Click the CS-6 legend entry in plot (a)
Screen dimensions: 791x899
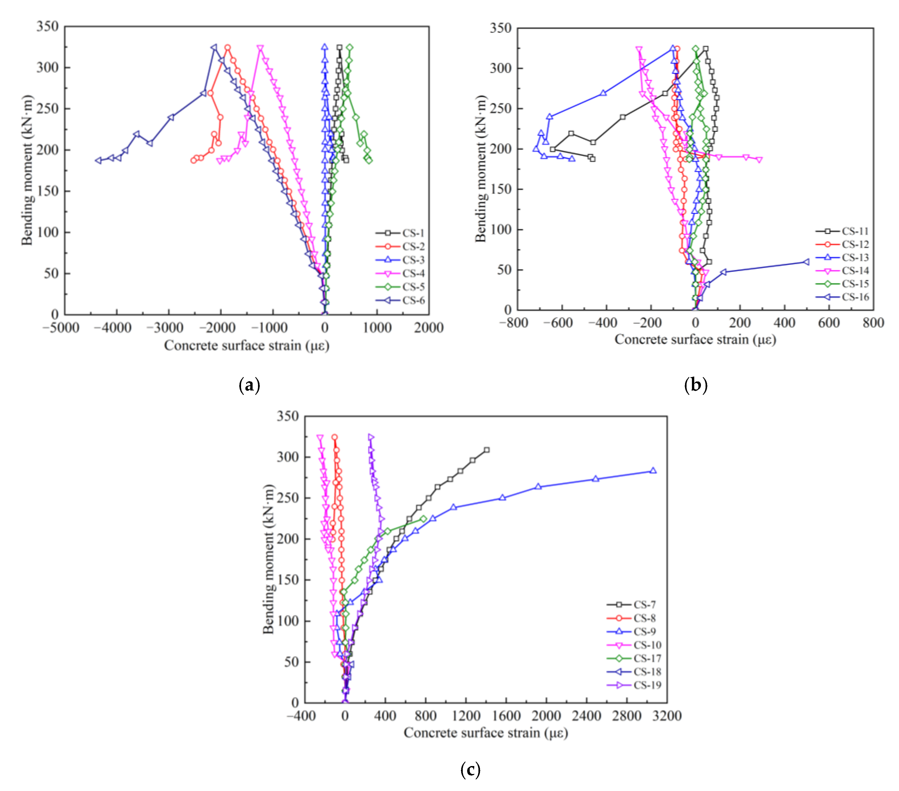pyautogui.click(x=413, y=300)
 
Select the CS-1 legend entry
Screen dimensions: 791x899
pyautogui.click(x=413, y=233)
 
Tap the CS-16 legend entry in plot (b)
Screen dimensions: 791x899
pyautogui.click(x=855, y=297)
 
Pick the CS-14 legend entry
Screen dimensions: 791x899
pyautogui.click(x=855, y=271)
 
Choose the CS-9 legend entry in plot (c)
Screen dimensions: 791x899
pyautogui.click(x=644, y=632)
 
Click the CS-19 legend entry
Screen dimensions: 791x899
pyautogui.click(x=647, y=685)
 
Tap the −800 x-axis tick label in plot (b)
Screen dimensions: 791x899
pyautogui.click(x=514, y=323)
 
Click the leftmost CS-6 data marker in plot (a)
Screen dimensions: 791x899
pyautogui.click(x=99, y=161)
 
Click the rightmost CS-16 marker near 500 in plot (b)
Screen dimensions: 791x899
pyautogui.click(x=806, y=262)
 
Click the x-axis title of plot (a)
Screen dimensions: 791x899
pyautogui.click(x=247, y=346)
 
